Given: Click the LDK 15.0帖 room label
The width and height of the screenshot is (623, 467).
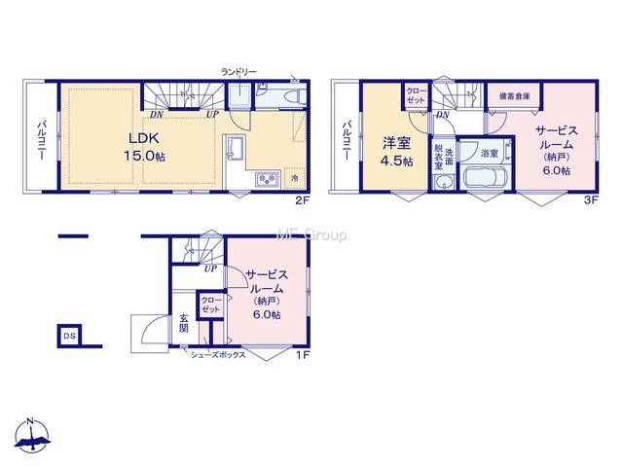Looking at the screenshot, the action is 144,147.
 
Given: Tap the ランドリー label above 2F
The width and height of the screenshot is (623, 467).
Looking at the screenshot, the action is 238,72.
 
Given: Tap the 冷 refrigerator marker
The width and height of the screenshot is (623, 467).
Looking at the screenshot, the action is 295,178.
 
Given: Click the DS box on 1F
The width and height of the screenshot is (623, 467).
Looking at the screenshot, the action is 69,336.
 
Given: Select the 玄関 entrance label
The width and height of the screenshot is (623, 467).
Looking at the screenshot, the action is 184,324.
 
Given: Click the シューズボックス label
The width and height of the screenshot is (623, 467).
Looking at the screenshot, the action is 218,355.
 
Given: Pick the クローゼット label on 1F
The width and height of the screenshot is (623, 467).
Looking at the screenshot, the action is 210,305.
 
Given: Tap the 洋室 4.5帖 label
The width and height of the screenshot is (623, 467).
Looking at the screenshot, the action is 396,152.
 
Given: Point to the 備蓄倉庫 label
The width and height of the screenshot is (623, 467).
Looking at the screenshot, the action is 514,96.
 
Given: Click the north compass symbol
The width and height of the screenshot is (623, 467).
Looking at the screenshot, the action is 32,435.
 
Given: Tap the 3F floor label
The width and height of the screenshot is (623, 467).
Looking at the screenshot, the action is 591,199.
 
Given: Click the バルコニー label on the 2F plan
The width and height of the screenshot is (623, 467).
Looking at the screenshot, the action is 42,140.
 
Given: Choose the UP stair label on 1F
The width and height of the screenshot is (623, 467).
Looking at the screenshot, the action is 210,269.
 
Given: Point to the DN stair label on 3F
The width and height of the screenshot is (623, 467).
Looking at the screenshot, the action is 442,115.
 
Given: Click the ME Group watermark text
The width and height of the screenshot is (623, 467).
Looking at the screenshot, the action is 311,235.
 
